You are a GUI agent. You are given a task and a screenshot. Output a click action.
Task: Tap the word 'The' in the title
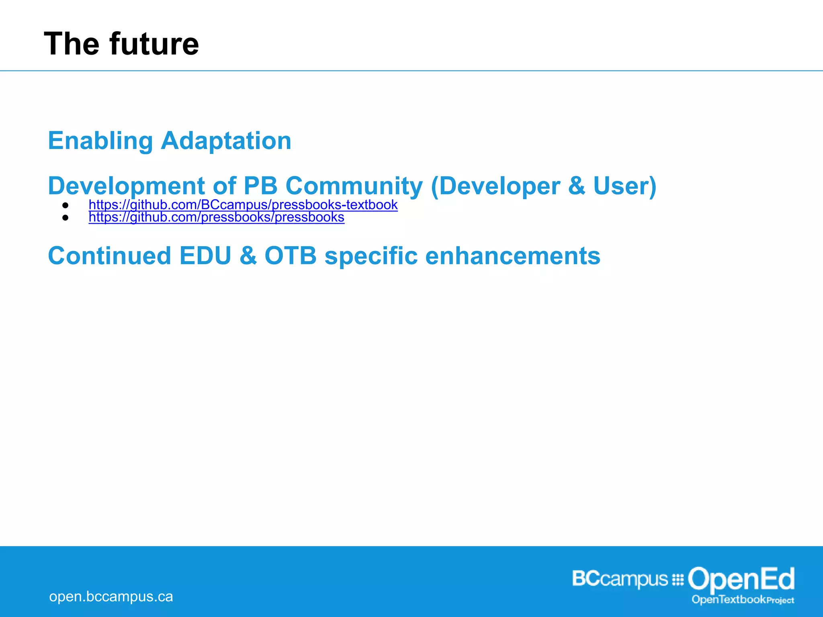72,44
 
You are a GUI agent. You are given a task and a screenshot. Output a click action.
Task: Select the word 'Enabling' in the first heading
100,141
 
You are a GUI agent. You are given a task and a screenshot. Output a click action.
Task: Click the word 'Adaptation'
226,141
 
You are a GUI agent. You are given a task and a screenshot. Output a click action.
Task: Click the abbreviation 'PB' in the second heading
260,186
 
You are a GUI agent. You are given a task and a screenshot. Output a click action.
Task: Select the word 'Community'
354,186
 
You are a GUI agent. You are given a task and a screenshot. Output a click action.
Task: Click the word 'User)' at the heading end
624,186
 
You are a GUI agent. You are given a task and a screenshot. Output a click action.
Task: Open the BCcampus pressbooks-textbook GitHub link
243,205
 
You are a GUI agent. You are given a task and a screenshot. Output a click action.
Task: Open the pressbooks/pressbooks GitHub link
217,217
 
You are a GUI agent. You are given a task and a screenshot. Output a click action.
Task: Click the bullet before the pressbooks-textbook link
66,205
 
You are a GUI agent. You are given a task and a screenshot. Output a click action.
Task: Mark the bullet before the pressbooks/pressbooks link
66,218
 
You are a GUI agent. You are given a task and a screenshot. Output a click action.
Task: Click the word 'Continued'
109,256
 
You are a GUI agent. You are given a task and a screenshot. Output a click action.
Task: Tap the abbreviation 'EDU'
205,256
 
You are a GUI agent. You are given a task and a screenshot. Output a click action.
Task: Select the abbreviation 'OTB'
290,256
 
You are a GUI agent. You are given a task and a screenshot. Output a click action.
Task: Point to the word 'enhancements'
512,256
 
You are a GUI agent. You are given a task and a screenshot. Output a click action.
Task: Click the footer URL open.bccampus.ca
111,597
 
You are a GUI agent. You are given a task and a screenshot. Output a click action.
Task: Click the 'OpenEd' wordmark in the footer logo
741,580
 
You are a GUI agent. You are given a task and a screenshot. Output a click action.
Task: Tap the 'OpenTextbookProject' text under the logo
743,600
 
